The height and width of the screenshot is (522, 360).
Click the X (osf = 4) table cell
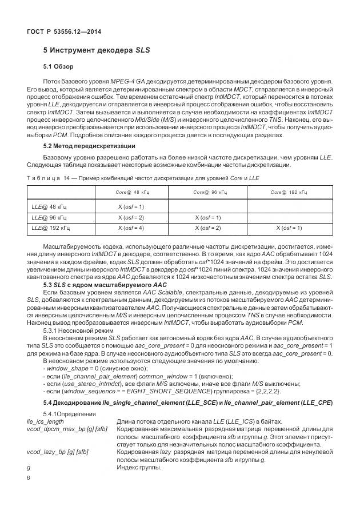(x=131, y=228)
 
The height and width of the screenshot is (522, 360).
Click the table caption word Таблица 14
(x=48, y=180)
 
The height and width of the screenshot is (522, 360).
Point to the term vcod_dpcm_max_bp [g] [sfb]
(x=62, y=429)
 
